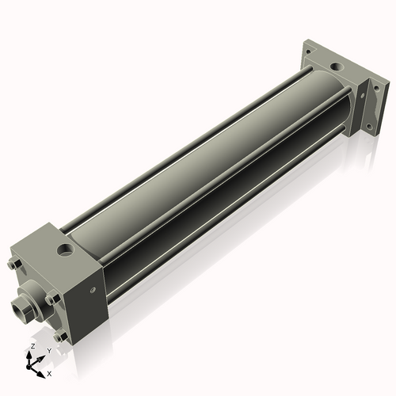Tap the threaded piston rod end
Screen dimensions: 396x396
tap(21, 305)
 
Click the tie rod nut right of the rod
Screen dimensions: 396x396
tap(50, 299)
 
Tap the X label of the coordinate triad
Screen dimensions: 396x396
tap(49, 372)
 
